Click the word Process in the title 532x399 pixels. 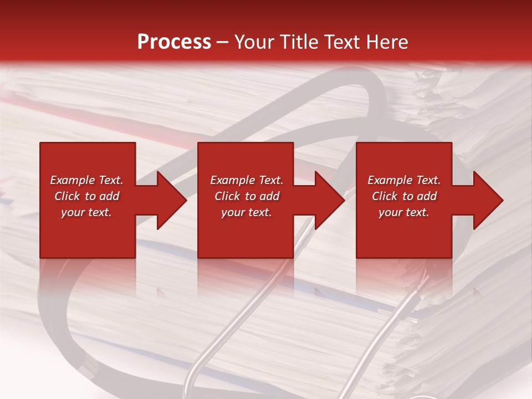174,42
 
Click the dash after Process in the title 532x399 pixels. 222,42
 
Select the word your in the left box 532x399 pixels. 73,212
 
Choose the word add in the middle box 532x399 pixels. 269,196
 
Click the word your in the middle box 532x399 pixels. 233,212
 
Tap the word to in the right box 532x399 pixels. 408,196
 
